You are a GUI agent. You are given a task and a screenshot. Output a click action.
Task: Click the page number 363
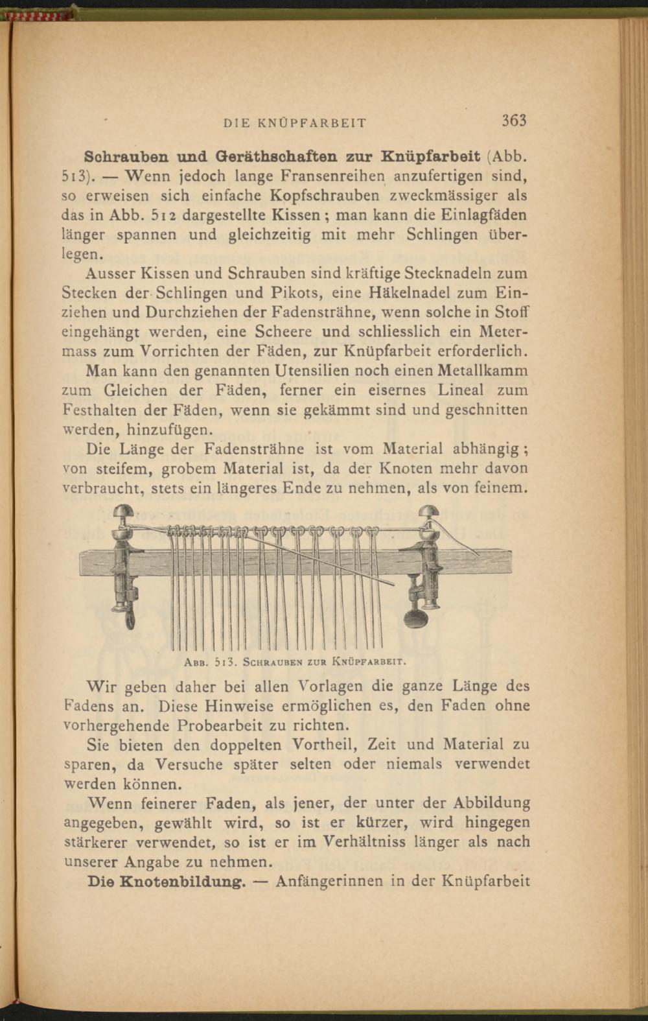point(513,121)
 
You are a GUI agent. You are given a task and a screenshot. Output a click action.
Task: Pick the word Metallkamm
point(483,371)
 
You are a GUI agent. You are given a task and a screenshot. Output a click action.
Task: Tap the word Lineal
point(461,390)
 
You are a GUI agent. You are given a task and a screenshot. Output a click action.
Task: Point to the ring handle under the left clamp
point(130,617)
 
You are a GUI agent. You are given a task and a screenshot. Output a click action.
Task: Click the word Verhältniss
point(377,842)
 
